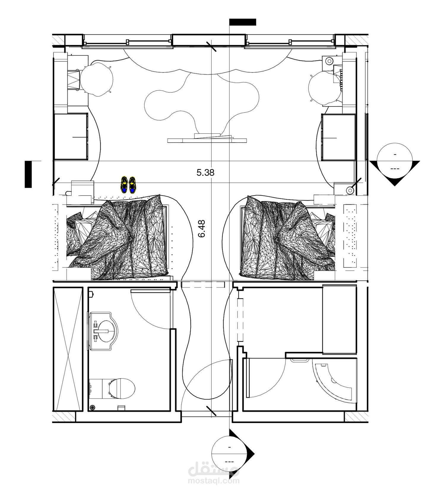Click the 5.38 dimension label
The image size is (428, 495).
(205, 172)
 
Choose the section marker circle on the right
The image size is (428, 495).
(394, 161)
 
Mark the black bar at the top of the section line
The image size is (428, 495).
(242, 22)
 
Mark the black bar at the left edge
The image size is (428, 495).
(28, 174)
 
